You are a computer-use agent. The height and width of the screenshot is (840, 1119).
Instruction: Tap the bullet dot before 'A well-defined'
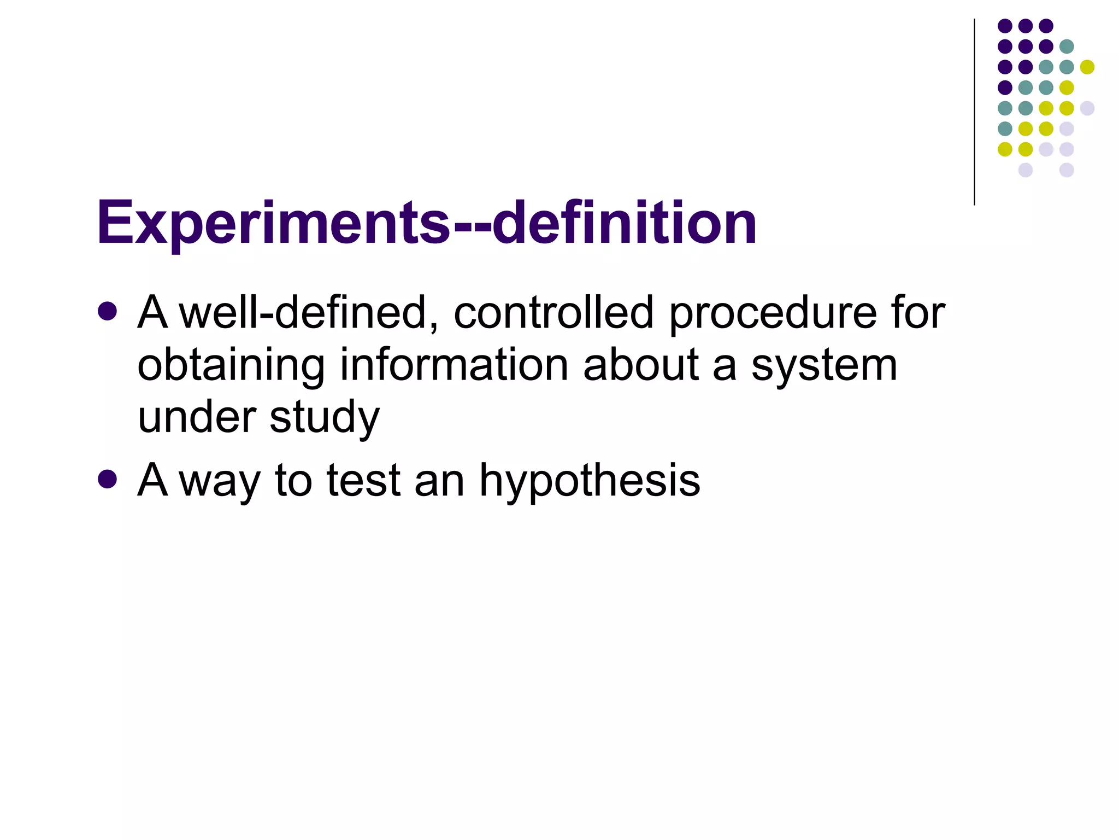pos(108,312)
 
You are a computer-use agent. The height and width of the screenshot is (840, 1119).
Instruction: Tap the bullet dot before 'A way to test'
pos(108,479)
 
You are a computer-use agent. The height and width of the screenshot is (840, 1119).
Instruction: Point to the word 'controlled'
pos(553,313)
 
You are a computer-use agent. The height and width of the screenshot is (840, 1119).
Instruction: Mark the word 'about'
pos(641,365)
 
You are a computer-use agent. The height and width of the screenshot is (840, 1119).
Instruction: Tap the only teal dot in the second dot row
pos(1067,46)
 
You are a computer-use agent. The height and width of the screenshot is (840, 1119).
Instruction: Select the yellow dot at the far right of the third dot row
pos(1087,67)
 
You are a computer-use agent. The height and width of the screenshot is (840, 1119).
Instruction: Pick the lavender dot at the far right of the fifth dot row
pos(1087,108)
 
